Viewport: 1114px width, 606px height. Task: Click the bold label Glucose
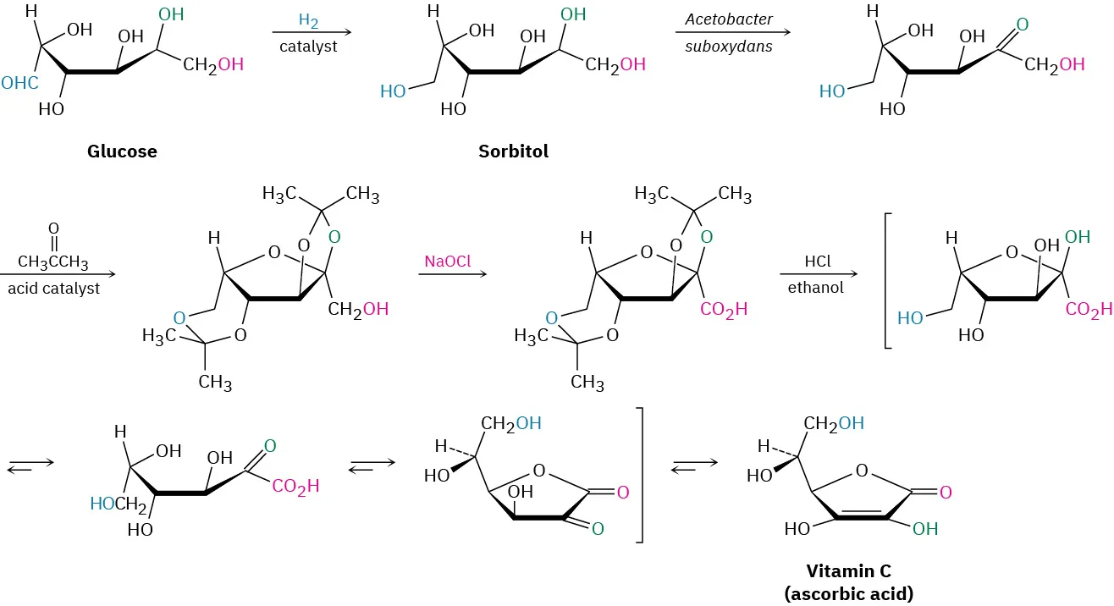pyautogui.click(x=122, y=151)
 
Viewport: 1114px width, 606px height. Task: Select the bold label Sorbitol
pyautogui.click(x=513, y=151)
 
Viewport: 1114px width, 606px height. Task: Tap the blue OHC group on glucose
pyautogui.click(x=19, y=83)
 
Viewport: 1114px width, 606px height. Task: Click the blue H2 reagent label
pyautogui.click(x=309, y=19)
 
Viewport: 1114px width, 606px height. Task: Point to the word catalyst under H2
pyautogui.click(x=308, y=46)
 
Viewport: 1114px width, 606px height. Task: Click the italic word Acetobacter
pyautogui.click(x=729, y=19)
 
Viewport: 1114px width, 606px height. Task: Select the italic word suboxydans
pyautogui.click(x=729, y=46)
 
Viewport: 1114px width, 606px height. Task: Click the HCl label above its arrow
pyautogui.click(x=817, y=262)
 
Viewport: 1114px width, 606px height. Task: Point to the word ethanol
pyautogui.click(x=817, y=288)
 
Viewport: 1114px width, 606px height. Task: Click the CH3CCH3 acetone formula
pyautogui.click(x=53, y=262)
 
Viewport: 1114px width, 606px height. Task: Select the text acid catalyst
pyautogui.click(x=53, y=289)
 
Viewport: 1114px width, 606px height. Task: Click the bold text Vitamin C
pyautogui.click(x=848, y=571)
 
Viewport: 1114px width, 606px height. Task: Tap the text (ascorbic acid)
pyautogui.click(x=848, y=593)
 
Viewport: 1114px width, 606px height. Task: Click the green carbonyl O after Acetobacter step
pyautogui.click(x=1022, y=25)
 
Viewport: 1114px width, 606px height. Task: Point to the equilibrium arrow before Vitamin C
pyautogui.click(x=694, y=464)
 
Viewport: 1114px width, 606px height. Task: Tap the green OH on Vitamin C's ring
pyautogui.click(x=925, y=529)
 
